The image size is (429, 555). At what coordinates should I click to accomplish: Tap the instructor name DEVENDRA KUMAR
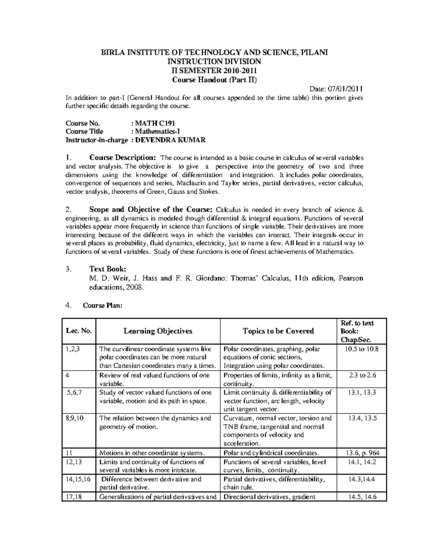pyautogui.click(x=170, y=140)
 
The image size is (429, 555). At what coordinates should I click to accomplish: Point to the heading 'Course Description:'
pyautogui.click(x=123, y=158)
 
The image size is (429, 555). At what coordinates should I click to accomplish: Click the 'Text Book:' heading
pyautogui.click(x=107, y=269)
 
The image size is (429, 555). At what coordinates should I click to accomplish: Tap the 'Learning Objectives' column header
pyautogui.click(x=158, y=331)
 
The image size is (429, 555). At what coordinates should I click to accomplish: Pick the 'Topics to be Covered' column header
pyautogui.click(x=278, y=331)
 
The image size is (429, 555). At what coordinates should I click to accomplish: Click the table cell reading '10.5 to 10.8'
pyautogui.click(x=361, y=349)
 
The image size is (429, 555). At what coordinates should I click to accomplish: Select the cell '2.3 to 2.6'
pyautogui.click(x=363, y=375)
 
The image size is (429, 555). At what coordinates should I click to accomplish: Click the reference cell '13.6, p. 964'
pyautogui.click(x=363, y=453)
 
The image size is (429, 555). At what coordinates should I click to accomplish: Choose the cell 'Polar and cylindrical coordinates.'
pyautogui.click(x=271, y=453)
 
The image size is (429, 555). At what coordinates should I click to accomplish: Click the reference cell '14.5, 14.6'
pyautogui.click(x=363, y=497)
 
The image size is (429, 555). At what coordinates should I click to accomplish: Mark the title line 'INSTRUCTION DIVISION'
pyautogui.click(x=214, y=61)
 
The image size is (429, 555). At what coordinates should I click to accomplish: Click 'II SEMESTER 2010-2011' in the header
pyautogui.click(x=214, y=70)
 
